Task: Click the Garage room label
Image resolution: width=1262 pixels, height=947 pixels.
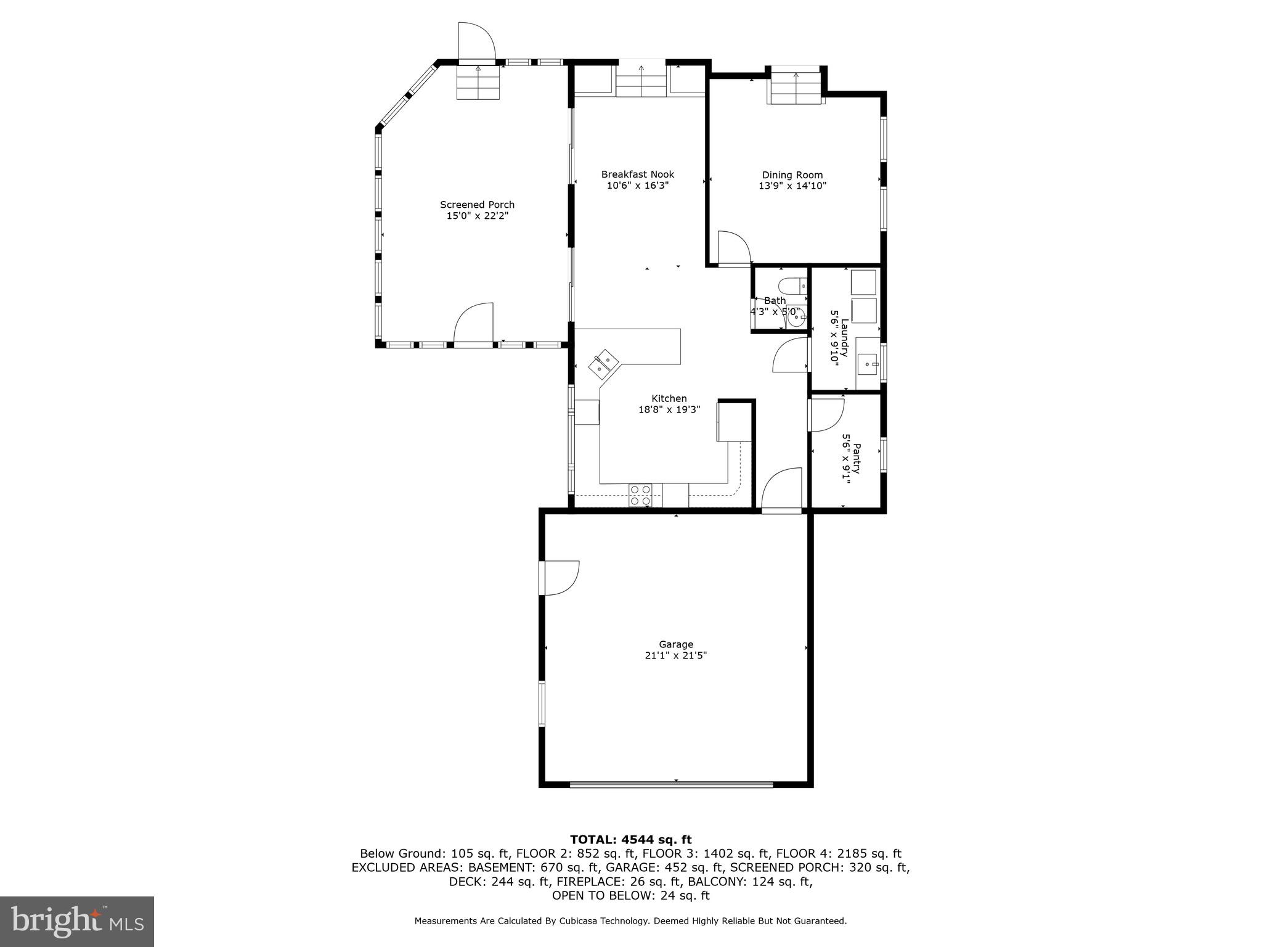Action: click(676, 644)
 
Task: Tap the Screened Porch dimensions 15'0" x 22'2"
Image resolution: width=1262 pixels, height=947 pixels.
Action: click(477, 216)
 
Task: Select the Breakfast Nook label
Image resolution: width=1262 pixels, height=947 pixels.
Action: click(638, 174)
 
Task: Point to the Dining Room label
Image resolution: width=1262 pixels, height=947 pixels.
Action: click(792, 175)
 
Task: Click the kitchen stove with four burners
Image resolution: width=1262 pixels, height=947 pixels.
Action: click(640, 495)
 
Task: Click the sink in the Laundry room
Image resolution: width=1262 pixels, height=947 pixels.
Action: click(869, 364)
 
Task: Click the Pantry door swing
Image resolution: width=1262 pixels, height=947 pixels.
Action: click(826, 414)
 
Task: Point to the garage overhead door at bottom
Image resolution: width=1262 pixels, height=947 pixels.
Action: click(670, 784)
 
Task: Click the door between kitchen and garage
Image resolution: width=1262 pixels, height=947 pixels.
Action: click(781, 490)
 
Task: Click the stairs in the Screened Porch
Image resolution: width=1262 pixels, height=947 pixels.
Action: click(478, 83)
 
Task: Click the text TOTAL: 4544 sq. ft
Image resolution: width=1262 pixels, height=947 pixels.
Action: click(630, 839)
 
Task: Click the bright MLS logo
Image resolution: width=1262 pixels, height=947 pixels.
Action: click(77, 921)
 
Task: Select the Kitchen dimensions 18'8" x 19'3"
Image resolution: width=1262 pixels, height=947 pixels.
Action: click(669, 409)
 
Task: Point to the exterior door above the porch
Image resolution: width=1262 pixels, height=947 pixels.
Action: click(476, 42)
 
